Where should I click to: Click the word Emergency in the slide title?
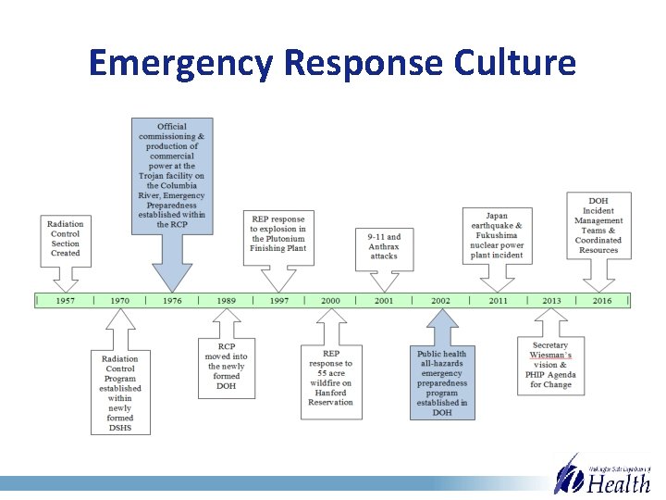180,64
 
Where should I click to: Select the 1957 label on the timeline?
66,300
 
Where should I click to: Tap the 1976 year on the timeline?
172,300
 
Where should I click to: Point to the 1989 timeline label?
227,300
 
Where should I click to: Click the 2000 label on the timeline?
330,300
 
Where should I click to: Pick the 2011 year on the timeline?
499,300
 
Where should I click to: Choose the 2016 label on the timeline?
602,300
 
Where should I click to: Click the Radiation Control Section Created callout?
66,238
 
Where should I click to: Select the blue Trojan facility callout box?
172,175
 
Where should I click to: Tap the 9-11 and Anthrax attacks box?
384,246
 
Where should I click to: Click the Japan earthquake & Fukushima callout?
498,236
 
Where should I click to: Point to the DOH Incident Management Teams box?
598,225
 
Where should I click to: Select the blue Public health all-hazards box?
442,382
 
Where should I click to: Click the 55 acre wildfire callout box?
331,378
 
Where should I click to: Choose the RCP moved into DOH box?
227,366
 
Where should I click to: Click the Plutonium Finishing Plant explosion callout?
277,233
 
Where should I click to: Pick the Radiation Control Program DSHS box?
119,393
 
